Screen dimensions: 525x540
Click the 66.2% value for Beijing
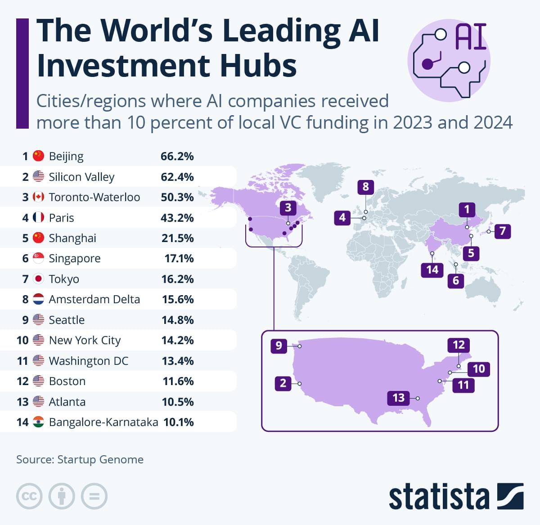point(177,157)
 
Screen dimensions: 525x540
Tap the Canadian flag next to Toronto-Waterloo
point(39,197)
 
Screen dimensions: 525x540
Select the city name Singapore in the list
point(75,259)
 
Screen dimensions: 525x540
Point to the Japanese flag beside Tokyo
point(39,279)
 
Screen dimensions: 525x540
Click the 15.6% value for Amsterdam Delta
point(177,300)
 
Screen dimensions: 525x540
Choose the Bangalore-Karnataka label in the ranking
point(103,422)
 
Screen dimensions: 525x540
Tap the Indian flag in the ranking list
point(39,422)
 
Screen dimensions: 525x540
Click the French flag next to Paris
point(39,218)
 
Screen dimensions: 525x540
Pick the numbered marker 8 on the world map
point(365,187)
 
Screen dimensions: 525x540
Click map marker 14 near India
point(432,269)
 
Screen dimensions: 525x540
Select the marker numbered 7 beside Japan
point(502,231)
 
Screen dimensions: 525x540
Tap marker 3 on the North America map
point(288,208)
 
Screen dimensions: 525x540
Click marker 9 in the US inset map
point(279,346)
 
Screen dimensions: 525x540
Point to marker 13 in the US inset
point(398,398)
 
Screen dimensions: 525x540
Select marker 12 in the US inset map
point(459,345)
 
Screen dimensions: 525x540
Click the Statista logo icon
point(510,496)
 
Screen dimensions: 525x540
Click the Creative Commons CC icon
point(29,497)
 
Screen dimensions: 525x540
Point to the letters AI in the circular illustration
point(471,37)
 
